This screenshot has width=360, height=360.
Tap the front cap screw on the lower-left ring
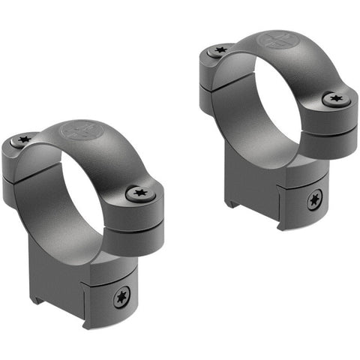(x=140, y=193)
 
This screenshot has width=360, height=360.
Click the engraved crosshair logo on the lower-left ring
(x=79, y=130)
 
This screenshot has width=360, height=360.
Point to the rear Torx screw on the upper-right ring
(x=220, y=51)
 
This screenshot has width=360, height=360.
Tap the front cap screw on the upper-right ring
(x=334, y=98)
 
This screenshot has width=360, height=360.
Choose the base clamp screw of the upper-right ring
(x=313, y=199)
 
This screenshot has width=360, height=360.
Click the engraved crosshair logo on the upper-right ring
(x=271, y=40)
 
